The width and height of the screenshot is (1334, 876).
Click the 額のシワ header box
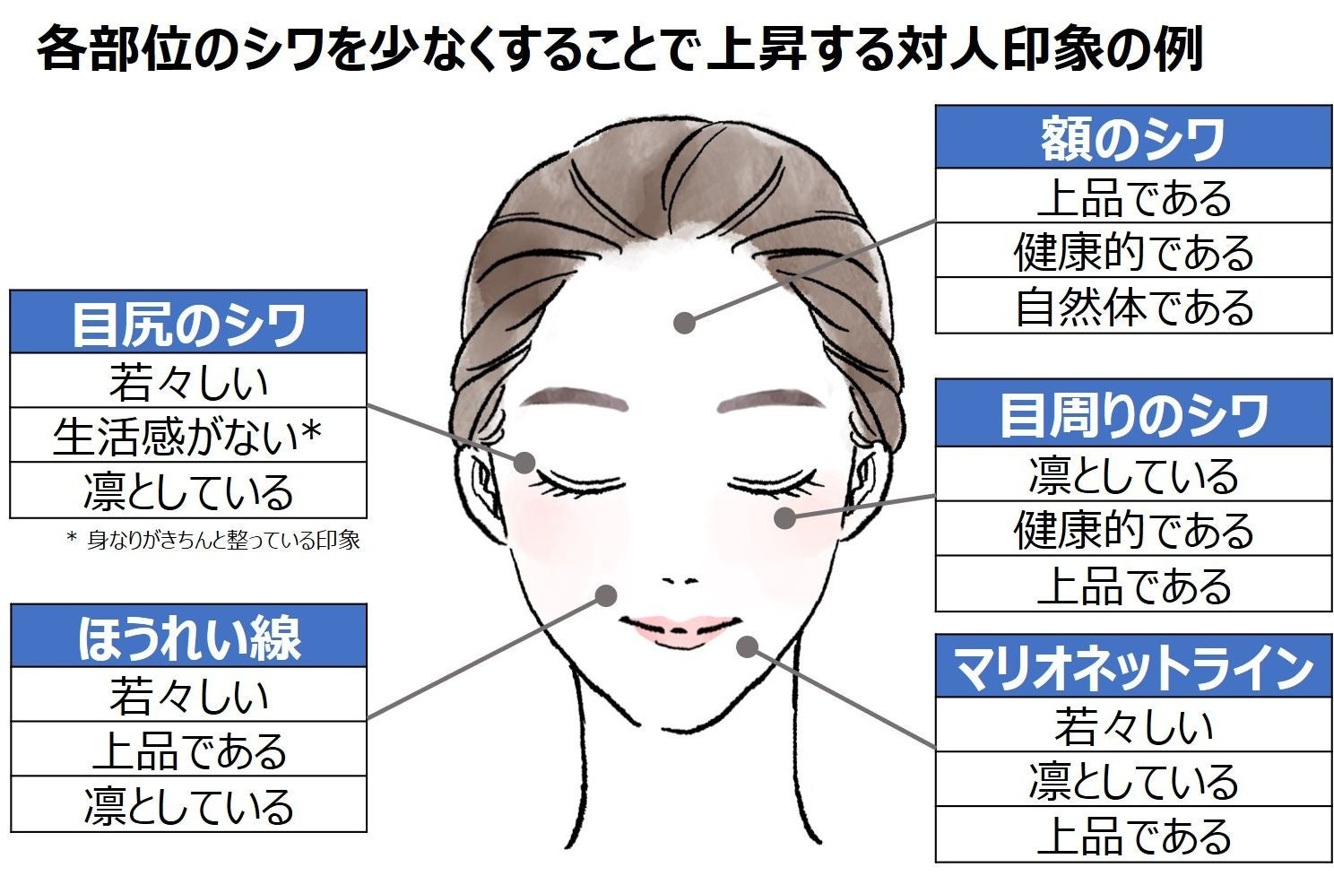pyautogui.click(x=1133, y=138)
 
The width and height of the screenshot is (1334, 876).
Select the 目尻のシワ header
pyautogui.click(x=188, y=323)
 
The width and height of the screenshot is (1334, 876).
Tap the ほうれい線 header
pyautogui.click(x=188, y=637)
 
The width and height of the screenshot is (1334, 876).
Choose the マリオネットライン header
pyautogui.click(x=1133, y=667)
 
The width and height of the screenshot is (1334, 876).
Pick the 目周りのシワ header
pyautogui.click(x=1133, y=414)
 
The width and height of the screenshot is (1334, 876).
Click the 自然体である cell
pyautogui.click(x=1133, y=307)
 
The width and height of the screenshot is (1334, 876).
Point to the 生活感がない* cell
pyautogui.click(x=188, y=437)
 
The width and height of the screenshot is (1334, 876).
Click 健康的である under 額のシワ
pyautogui.click(x=1133, y=251)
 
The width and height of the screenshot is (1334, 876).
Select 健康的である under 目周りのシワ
pyautogui.click(x=1133, y=530)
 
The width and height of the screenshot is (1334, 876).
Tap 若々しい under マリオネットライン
pyautogui.click(x=1133, y=726)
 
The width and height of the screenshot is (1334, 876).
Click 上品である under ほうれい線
pyautogui.click(x=188, y=750)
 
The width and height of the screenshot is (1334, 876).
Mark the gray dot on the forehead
pyautogui.click(x=685, y=323)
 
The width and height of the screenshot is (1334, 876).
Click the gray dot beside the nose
pyautogui.click(x=607, y=595)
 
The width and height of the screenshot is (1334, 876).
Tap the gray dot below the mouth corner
pyautogui.click(x=748, y=646)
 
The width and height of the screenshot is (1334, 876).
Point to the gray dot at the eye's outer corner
pyautogui.click(x=524, y=463)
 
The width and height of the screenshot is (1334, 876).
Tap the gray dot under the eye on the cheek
pyautogui.click(x=784, y=517)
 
